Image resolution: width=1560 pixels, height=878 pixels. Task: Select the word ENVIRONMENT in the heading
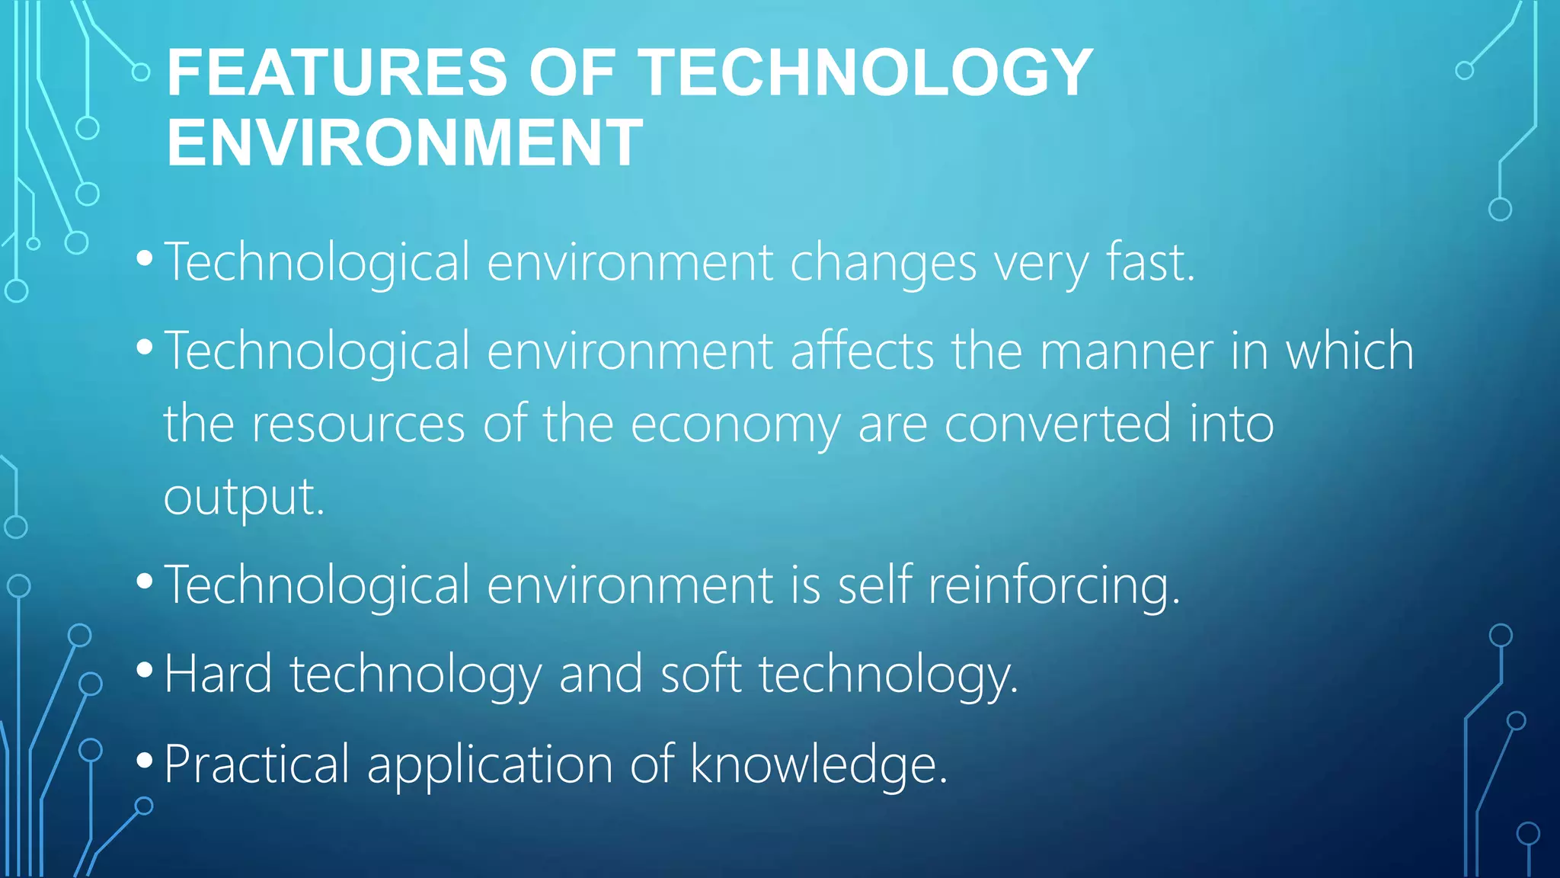pyautogui.click(x=404, y=143)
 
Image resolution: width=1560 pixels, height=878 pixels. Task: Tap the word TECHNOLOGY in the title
pyautogui.click(x=865, y=73)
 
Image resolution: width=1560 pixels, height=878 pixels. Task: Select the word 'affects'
pyautogui.click(x=862, y=351)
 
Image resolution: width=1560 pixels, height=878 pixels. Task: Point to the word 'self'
pyautogui.click(x=874, y=585)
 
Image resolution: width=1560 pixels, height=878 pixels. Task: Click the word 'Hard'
pyautogui.click(x=218, y=675)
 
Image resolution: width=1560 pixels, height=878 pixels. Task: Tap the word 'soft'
pyautogui.click(x=701, y=675)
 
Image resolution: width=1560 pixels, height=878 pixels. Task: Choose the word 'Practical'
pyautogui.click(x=257, y=764)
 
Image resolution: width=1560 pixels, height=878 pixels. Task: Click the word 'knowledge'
pyautogui.click(x=818, y=764)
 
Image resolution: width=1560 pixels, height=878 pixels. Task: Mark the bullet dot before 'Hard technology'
pyautogui.click(x=144, y=671)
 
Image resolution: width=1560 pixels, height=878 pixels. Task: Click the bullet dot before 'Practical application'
pyautogui.click(x=144, y=761)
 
